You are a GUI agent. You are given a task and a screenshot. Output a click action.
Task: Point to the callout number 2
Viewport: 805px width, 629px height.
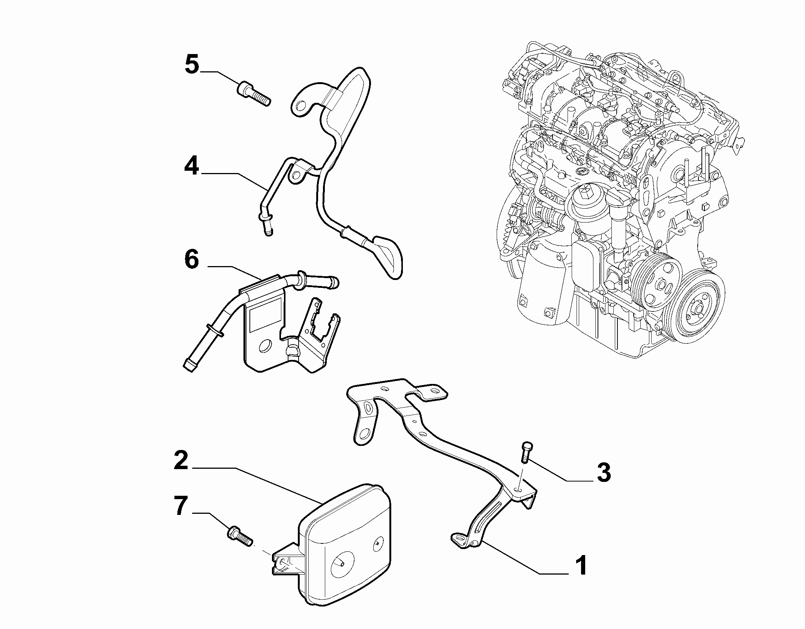click(x=181, y=460)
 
